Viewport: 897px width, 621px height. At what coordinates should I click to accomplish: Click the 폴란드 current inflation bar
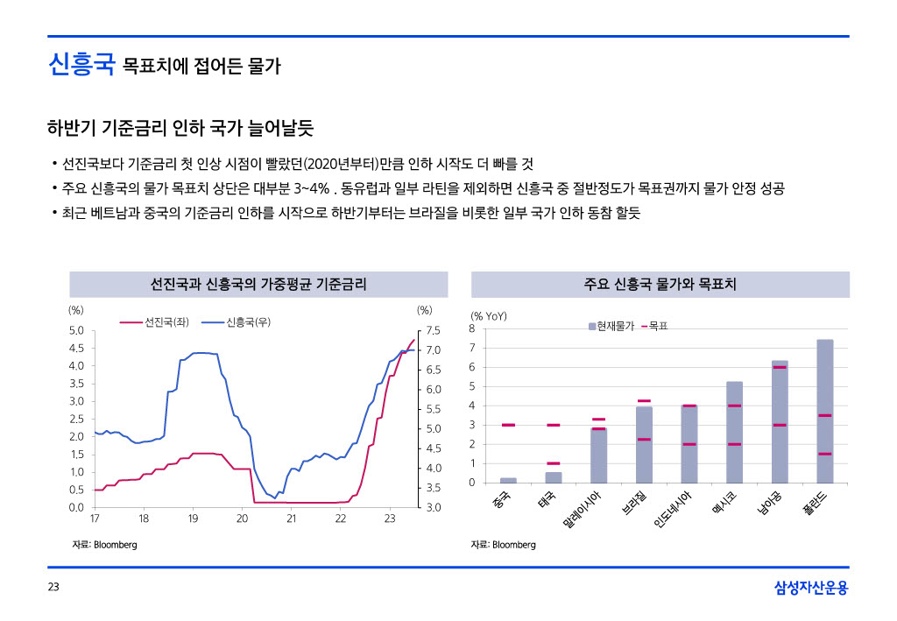[824, 411]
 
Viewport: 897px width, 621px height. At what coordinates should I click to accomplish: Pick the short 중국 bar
[508, 480]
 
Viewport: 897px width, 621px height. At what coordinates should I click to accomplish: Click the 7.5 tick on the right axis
[433, 331]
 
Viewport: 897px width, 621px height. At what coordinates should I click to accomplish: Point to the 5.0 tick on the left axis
[76, 331]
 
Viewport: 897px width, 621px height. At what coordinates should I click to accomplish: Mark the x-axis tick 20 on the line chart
[242, 519]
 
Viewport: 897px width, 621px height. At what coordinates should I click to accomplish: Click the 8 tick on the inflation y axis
[472, 328]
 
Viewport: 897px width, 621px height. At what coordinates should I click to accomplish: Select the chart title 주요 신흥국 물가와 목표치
[660, 285]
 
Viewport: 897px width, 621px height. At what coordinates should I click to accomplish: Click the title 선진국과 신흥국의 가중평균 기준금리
[258, 285]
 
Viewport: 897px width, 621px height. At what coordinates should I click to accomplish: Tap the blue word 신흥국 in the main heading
[81, 64]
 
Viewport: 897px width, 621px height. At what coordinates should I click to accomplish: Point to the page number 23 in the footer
[53, 588]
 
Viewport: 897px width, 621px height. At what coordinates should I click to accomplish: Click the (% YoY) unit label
[489, 316]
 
